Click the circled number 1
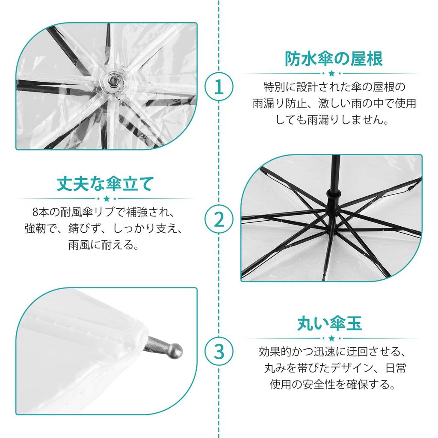point(219,87)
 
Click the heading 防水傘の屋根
point(334,59)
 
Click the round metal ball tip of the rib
point(175,349)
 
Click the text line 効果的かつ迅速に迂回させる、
point(332,352)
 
